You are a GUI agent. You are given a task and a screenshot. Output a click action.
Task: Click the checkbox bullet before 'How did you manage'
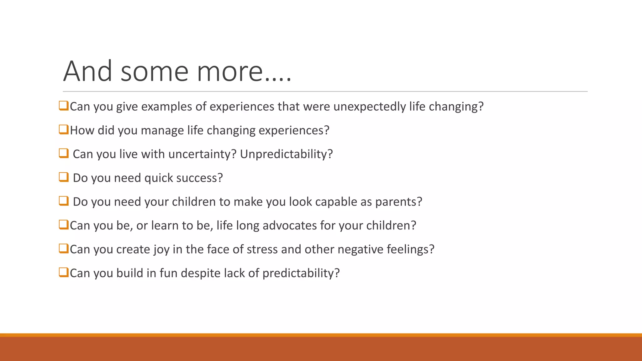[x=64, y=129]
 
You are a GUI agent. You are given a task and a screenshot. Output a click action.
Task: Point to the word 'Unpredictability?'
[x=286, y=154]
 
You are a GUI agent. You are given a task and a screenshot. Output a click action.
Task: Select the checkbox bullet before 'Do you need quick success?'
[x=64, y=177]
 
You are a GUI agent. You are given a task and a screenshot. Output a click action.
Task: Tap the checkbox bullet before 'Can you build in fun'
[x=64, y=272]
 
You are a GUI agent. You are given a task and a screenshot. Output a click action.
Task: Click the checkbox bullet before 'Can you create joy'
[x=64, y=249]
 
